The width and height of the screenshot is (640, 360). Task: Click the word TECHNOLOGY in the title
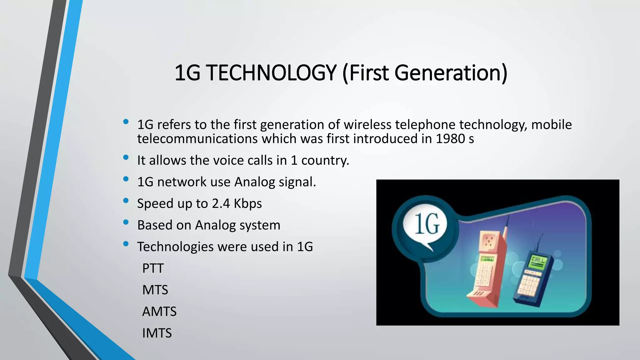pos(271,73)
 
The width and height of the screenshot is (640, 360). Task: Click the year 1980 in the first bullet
pos(450,139)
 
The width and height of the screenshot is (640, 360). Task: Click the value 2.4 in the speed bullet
pos(221,203)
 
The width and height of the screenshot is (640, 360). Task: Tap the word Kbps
pos(248,204)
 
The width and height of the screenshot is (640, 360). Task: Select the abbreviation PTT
pos(153,268)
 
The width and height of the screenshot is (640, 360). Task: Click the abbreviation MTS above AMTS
pos(155,290)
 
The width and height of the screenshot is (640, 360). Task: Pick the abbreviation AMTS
pos(159,312)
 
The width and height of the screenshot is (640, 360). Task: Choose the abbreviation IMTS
pos(157,333)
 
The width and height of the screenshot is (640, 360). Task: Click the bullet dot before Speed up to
pos(126,201)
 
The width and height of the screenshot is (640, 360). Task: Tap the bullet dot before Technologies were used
pos(126,244)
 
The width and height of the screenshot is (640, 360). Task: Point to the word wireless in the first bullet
pos(367,125)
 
